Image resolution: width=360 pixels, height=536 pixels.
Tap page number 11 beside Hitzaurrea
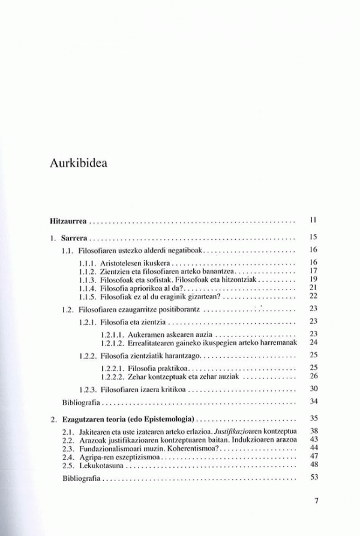[312, 220]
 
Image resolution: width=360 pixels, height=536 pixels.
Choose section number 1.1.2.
[89, 271]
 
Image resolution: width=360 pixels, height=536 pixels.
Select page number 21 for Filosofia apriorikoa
[312, 288]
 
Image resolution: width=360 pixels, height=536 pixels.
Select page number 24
[312, 342]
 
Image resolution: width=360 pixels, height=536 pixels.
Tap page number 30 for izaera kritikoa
[312, 389]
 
